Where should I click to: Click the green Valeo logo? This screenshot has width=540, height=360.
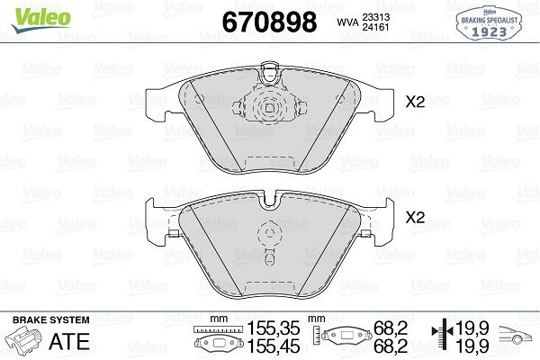pyautogui.click(x=41, y=19)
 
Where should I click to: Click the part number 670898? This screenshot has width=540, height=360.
pyautogui.click(x=269, y=22)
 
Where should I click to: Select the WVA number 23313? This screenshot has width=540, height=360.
pyautogui.click(x=375, y=17)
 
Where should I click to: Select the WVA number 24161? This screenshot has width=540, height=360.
pyautogui.click(x=375, y=27)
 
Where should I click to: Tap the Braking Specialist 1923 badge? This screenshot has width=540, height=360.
pyautogui.click(x=489, y=23)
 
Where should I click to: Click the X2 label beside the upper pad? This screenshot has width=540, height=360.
pyautogui.click(x=415, y=102)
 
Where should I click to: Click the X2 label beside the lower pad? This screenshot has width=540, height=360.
pyautogui.click(x=415, y=218)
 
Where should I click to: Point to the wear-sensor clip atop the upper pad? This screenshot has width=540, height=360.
pyautogui.click(x=270, y=74)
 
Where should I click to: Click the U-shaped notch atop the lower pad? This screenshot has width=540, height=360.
pyautogui.click(x=270, y=202)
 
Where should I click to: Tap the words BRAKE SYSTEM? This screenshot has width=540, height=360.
pyautogui.click(x=51, y=320)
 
